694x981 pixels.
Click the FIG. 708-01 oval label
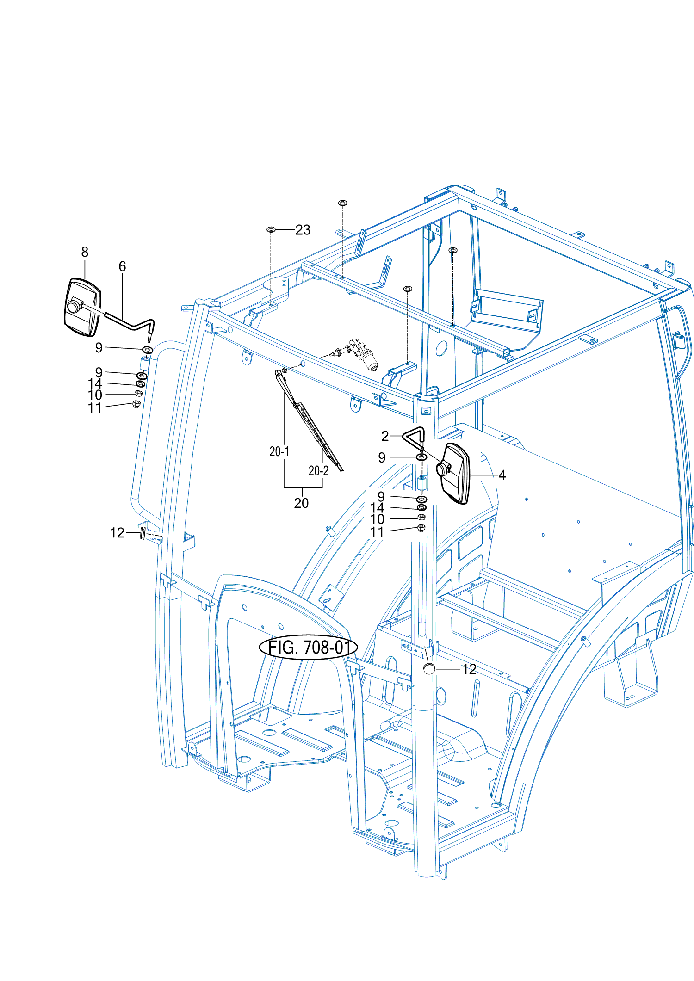308,647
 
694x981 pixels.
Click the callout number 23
303,230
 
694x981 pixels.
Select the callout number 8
85,252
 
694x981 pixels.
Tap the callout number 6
122,266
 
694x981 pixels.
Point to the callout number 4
502,475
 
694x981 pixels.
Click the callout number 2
385,436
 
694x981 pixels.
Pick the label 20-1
279,451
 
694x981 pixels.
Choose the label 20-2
318,471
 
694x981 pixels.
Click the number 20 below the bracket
301,503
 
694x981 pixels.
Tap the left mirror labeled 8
82,308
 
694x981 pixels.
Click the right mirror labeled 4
455,473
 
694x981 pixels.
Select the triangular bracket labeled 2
415,437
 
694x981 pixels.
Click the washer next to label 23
271,229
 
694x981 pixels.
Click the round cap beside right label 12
429,668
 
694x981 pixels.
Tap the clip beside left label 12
143,533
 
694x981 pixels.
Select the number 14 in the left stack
95,383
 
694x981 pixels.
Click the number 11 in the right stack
377,532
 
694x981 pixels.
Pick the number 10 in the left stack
95,395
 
